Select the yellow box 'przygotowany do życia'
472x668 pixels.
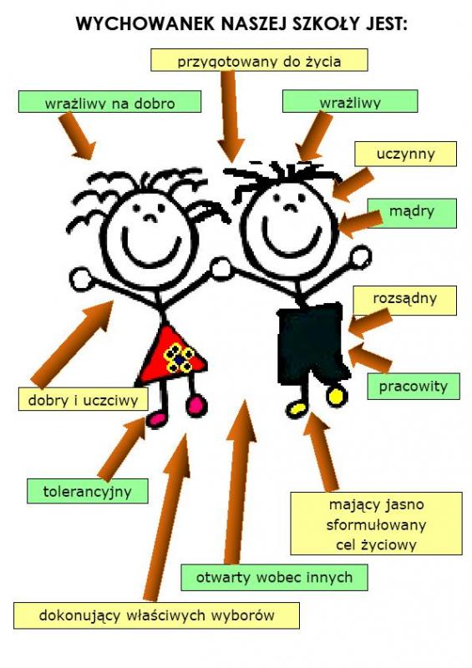259,59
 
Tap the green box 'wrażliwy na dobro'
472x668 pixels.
109,101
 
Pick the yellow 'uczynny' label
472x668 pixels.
405,154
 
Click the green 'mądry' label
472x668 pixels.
413,213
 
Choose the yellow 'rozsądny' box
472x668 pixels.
405,300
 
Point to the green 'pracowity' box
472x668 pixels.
414,387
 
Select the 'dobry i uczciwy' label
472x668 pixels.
84,399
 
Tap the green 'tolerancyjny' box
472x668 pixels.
88,491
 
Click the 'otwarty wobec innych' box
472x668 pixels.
274,577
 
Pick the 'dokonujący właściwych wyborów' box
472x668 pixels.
156,615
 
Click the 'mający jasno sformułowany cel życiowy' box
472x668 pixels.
376,524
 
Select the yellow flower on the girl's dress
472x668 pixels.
180,359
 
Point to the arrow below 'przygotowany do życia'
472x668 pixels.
231,116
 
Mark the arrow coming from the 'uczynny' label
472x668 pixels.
353,184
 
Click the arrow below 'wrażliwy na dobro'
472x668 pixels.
78,136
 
